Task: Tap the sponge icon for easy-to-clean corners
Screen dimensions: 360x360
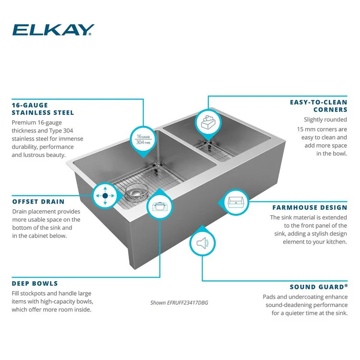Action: point(208,121)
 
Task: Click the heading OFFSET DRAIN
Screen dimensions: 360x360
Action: point(38,202)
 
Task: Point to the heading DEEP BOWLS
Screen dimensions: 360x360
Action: point(35,283)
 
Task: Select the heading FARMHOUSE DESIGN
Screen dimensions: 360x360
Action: point(310,207)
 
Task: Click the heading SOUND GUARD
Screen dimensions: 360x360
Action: point(317,287)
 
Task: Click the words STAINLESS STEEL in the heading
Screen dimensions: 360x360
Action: point(43,113)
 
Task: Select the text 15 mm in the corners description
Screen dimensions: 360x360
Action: point(306,130)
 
